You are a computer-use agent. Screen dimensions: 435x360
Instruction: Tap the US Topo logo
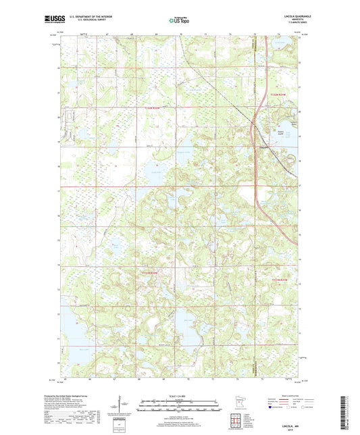pos(178,20)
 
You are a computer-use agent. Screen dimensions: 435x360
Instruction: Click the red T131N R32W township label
pos(153,272)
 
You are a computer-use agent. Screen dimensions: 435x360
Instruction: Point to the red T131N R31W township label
pos(284,279)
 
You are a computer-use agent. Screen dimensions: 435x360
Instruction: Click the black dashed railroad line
pos(223,88)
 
